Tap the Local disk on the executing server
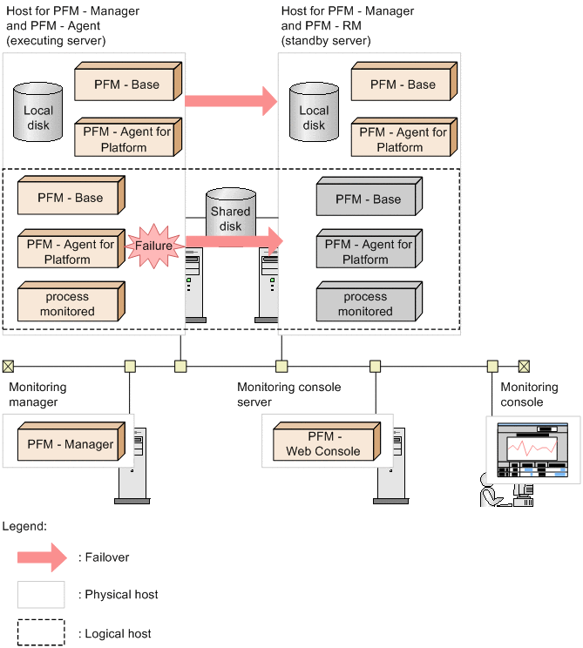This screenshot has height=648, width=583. [x=38, y=112]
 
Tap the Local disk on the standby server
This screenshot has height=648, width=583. [x=315, y=112]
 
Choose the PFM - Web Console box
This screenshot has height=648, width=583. [x=324, y=442]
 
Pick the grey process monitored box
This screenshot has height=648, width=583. [x=367, y=303]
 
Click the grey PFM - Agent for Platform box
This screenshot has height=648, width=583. [x=367, y=251]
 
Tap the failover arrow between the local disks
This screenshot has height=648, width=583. [x=231, y=101]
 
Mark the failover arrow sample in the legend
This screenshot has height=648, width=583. [x=41, y=557]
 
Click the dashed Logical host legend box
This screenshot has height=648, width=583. [x=41, y=633]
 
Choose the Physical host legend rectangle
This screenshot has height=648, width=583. [x=41, y=595]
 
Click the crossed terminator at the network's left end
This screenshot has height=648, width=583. [x=8, y=366]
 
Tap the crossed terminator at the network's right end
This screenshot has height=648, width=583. [x=524, y=366]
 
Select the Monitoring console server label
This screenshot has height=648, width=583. [x=288, y=395]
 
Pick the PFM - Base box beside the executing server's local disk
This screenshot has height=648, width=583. [x=127, y=84]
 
